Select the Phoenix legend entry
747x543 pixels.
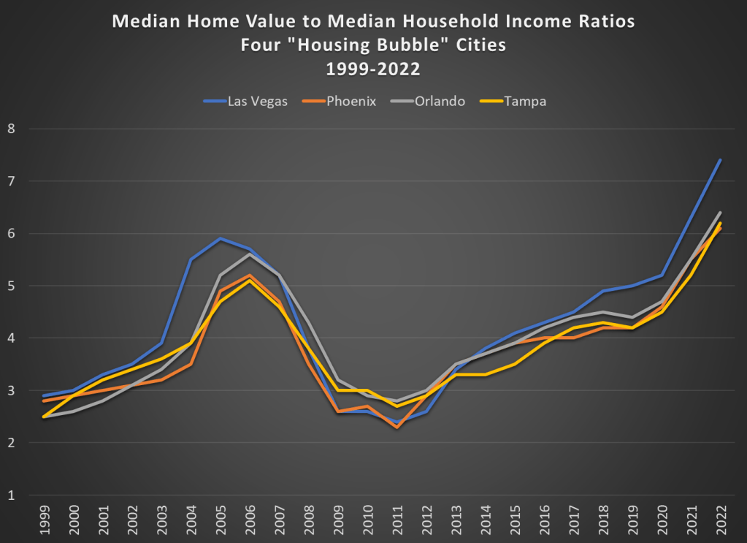tap(350, 101)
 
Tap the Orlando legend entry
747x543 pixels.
tap(440, 101)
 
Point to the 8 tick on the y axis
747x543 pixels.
tap(11, 129)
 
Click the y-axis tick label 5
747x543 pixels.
tap(11, 286)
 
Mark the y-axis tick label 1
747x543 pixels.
tap(11, 495)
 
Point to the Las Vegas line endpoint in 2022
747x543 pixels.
tap(721, 160)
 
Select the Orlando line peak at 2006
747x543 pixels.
tap(250, 254)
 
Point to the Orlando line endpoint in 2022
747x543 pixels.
tap(721, 213)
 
